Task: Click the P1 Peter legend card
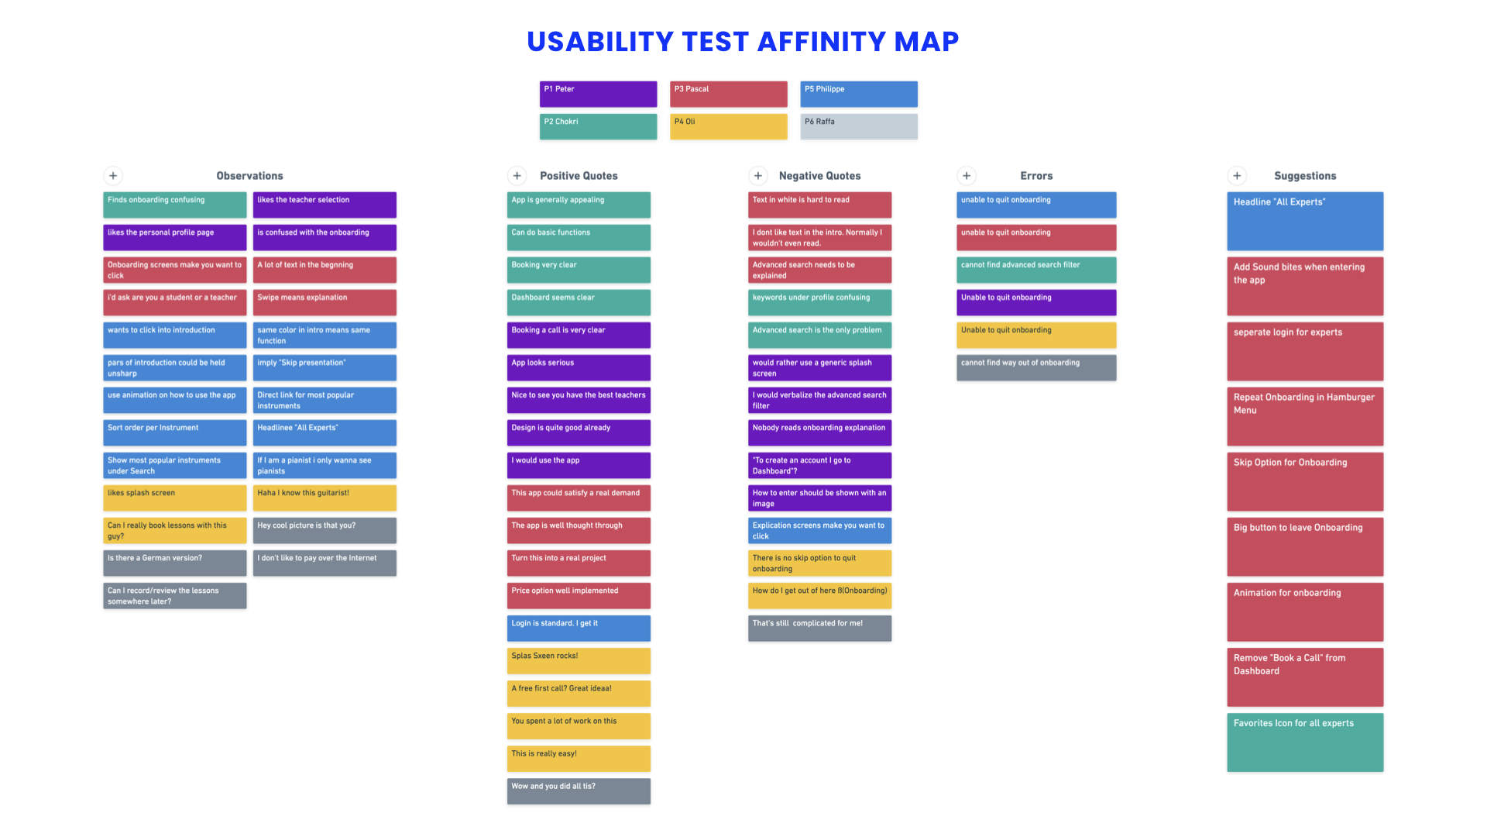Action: [598, 94]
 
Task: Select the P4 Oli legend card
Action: [728, 126]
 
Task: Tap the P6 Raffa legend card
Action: [859, 126]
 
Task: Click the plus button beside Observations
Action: [113, 176]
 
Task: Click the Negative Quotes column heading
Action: [819, 176]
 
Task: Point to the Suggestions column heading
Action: [1305, 176]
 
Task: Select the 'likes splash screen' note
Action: [175, 498]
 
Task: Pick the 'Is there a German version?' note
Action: [175, 563]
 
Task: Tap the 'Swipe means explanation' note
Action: [325, 302]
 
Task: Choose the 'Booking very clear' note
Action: [579, 270]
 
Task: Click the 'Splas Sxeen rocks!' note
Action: [579, 660]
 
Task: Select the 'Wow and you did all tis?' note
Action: [579, 790]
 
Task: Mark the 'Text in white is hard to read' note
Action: [819, 205]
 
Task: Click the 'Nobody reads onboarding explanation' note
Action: [819, 432]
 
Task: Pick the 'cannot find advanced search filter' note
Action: [1036, 270]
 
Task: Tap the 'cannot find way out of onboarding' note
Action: [1036, 367]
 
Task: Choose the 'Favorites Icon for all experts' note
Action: [1305, 742]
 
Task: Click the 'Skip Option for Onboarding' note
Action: [1305, 482]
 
